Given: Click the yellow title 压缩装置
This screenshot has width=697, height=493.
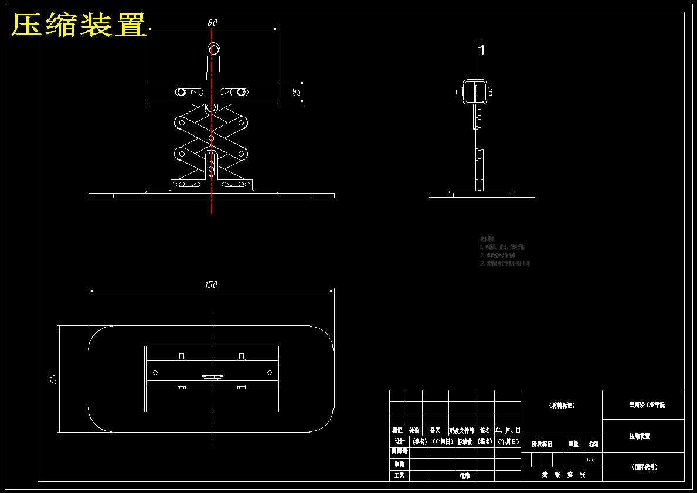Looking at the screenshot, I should tap(79, 25).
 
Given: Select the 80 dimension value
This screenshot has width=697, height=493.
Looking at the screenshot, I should tap(212, 23).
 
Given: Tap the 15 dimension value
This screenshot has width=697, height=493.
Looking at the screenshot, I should tap(297, 92).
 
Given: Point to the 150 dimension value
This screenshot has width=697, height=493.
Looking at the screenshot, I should tap(211, 285).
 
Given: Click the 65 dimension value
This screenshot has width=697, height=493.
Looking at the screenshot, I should tap(54, 379).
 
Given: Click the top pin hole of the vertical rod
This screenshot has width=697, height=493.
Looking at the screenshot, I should tap(214, 50).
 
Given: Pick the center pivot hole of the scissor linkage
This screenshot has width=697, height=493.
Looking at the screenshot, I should tap(212, 138).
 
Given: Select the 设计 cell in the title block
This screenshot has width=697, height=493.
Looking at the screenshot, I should tap(399, 441).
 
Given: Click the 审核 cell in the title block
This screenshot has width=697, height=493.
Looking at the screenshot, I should tap(399, 464).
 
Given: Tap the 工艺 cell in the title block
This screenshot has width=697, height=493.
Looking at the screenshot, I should tap(399, 476).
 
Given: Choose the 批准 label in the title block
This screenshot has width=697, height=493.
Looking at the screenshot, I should tap(465, 476).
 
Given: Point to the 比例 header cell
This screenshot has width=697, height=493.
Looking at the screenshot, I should tap(593, 444).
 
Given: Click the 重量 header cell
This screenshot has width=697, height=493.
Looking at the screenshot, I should tap(573, 444).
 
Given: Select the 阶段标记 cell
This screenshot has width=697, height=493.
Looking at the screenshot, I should tap(542, 444).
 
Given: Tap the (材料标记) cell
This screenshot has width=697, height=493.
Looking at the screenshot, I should tap(562, 405).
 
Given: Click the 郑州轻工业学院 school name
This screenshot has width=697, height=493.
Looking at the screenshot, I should tap(643, 405).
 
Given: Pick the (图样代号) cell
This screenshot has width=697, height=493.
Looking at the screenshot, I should tap(643, 467).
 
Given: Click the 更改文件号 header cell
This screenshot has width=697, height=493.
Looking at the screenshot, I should tap(461, 430).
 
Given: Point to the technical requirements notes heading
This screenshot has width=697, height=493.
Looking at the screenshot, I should tap(488, 239).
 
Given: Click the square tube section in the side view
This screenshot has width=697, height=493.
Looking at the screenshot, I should tap(475, 91).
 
